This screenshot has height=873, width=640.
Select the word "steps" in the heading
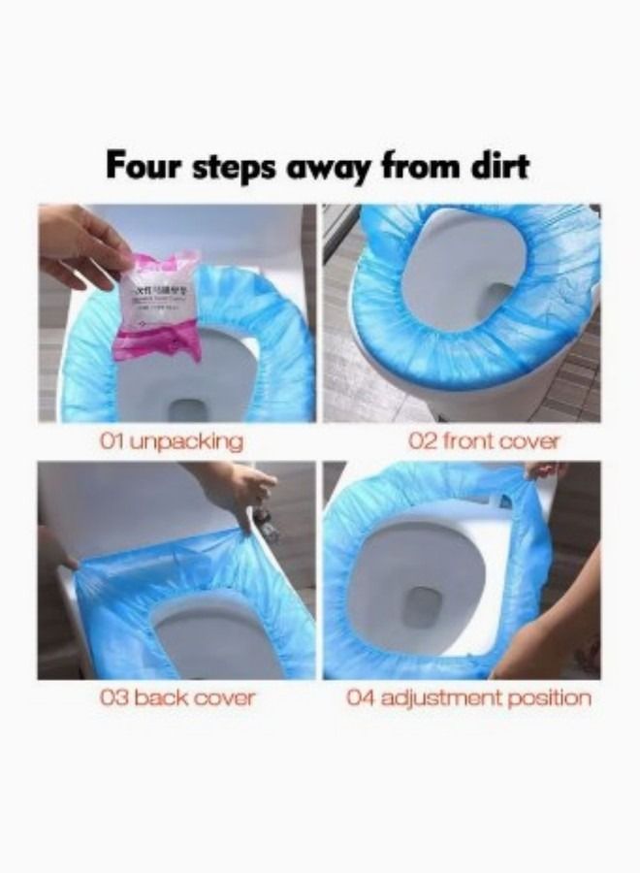point(238,166)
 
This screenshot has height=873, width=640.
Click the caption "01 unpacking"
point(171,441)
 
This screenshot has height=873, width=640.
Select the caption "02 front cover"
point(484,441)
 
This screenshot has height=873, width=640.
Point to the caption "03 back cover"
point(177,697)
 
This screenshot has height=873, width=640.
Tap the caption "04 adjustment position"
point(468,697)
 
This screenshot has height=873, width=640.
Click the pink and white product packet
point(159,303)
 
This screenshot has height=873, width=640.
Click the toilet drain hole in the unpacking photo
point(187,408)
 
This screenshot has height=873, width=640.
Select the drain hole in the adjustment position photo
point(423,606)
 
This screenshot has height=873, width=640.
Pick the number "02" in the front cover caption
point(422,441)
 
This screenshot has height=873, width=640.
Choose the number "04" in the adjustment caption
point(360,697)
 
